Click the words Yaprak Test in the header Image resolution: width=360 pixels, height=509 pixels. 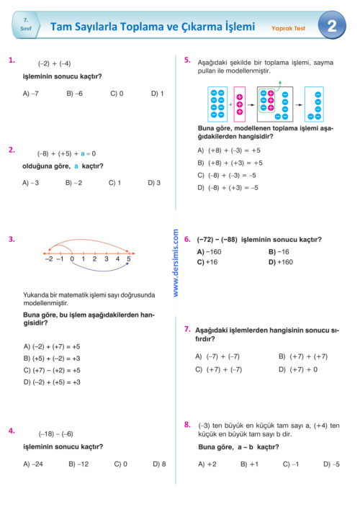click(288, 30)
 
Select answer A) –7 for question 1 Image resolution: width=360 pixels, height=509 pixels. click(31, 94)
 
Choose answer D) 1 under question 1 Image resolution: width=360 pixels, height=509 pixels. click(157, 94)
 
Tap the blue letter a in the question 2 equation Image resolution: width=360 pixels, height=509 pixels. click(84, 153)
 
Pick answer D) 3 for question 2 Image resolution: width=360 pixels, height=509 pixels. click(154, 183)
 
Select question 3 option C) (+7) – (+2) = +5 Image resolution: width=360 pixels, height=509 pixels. click(52, 370)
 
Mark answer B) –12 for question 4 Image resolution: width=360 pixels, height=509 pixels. click(78, 464)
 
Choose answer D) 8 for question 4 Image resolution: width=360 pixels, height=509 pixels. click(159, 464)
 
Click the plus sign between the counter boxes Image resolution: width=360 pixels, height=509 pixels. click(230, 104)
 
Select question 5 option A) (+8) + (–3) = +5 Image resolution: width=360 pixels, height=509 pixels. click(229, 150)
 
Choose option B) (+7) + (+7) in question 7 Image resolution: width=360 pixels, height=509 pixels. click(303, 356)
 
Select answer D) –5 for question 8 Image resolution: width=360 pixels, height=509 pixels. click(332, 464)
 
